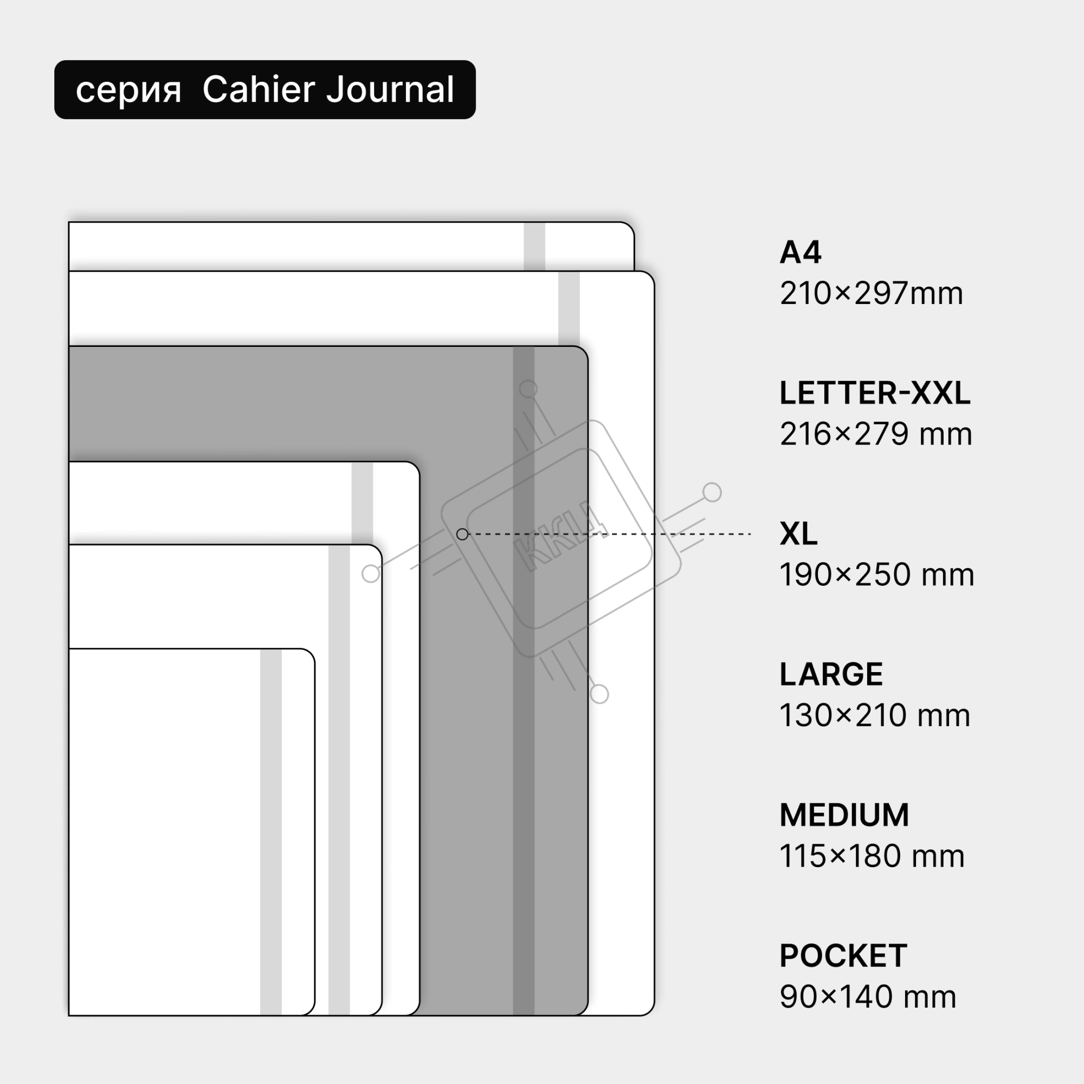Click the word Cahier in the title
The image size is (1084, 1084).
click(x=259, y=89)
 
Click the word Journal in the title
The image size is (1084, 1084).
click(x=390, y=90)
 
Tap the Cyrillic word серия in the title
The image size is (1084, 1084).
click(x=128, y=91)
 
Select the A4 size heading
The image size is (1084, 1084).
click(x=801, y=253)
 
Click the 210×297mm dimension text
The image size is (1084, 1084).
click(x=872, y=293)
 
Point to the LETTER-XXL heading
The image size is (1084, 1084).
click(x=875, y=393)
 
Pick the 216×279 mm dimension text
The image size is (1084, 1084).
click(x=876, y=434)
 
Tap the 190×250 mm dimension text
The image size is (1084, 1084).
click(x=877, y=575)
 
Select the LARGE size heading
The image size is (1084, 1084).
click(x=831, y=674)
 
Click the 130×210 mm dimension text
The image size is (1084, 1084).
click(x=875, y=716)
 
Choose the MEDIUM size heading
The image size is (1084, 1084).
click(x=844, y=815)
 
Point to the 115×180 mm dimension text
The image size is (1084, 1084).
click(x=872, y=856)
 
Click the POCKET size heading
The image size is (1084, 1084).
click(x=843, y=956)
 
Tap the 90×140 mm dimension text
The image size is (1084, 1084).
click(x=868, y=997)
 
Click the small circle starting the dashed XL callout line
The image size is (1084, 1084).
click(x=462, y=534)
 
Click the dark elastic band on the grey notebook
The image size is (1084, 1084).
click(x=524, y=681)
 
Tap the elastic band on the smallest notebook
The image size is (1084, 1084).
click(x=270, y=832)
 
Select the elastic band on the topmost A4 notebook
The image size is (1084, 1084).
click(x=534, y=247)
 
